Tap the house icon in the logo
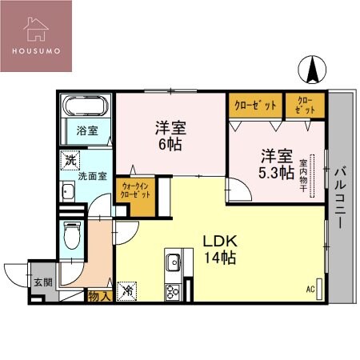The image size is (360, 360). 35,27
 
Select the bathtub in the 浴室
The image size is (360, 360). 84,107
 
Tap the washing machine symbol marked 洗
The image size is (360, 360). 70,160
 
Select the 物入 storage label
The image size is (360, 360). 98,295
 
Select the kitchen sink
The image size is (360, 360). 174,262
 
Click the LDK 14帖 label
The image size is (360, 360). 218,249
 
